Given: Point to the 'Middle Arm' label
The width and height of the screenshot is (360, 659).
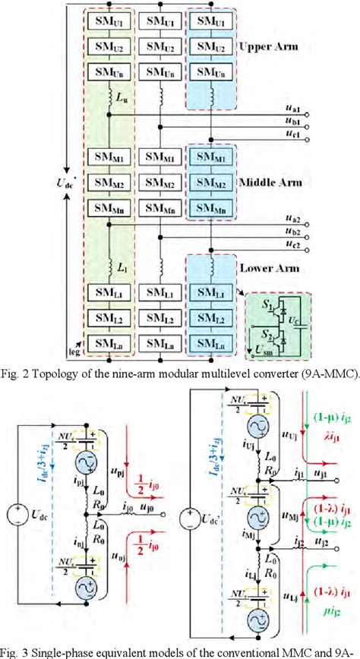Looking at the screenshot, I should [x=272, y=183].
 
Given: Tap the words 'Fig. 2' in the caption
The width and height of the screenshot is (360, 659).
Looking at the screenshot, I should [x=17, y=374].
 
